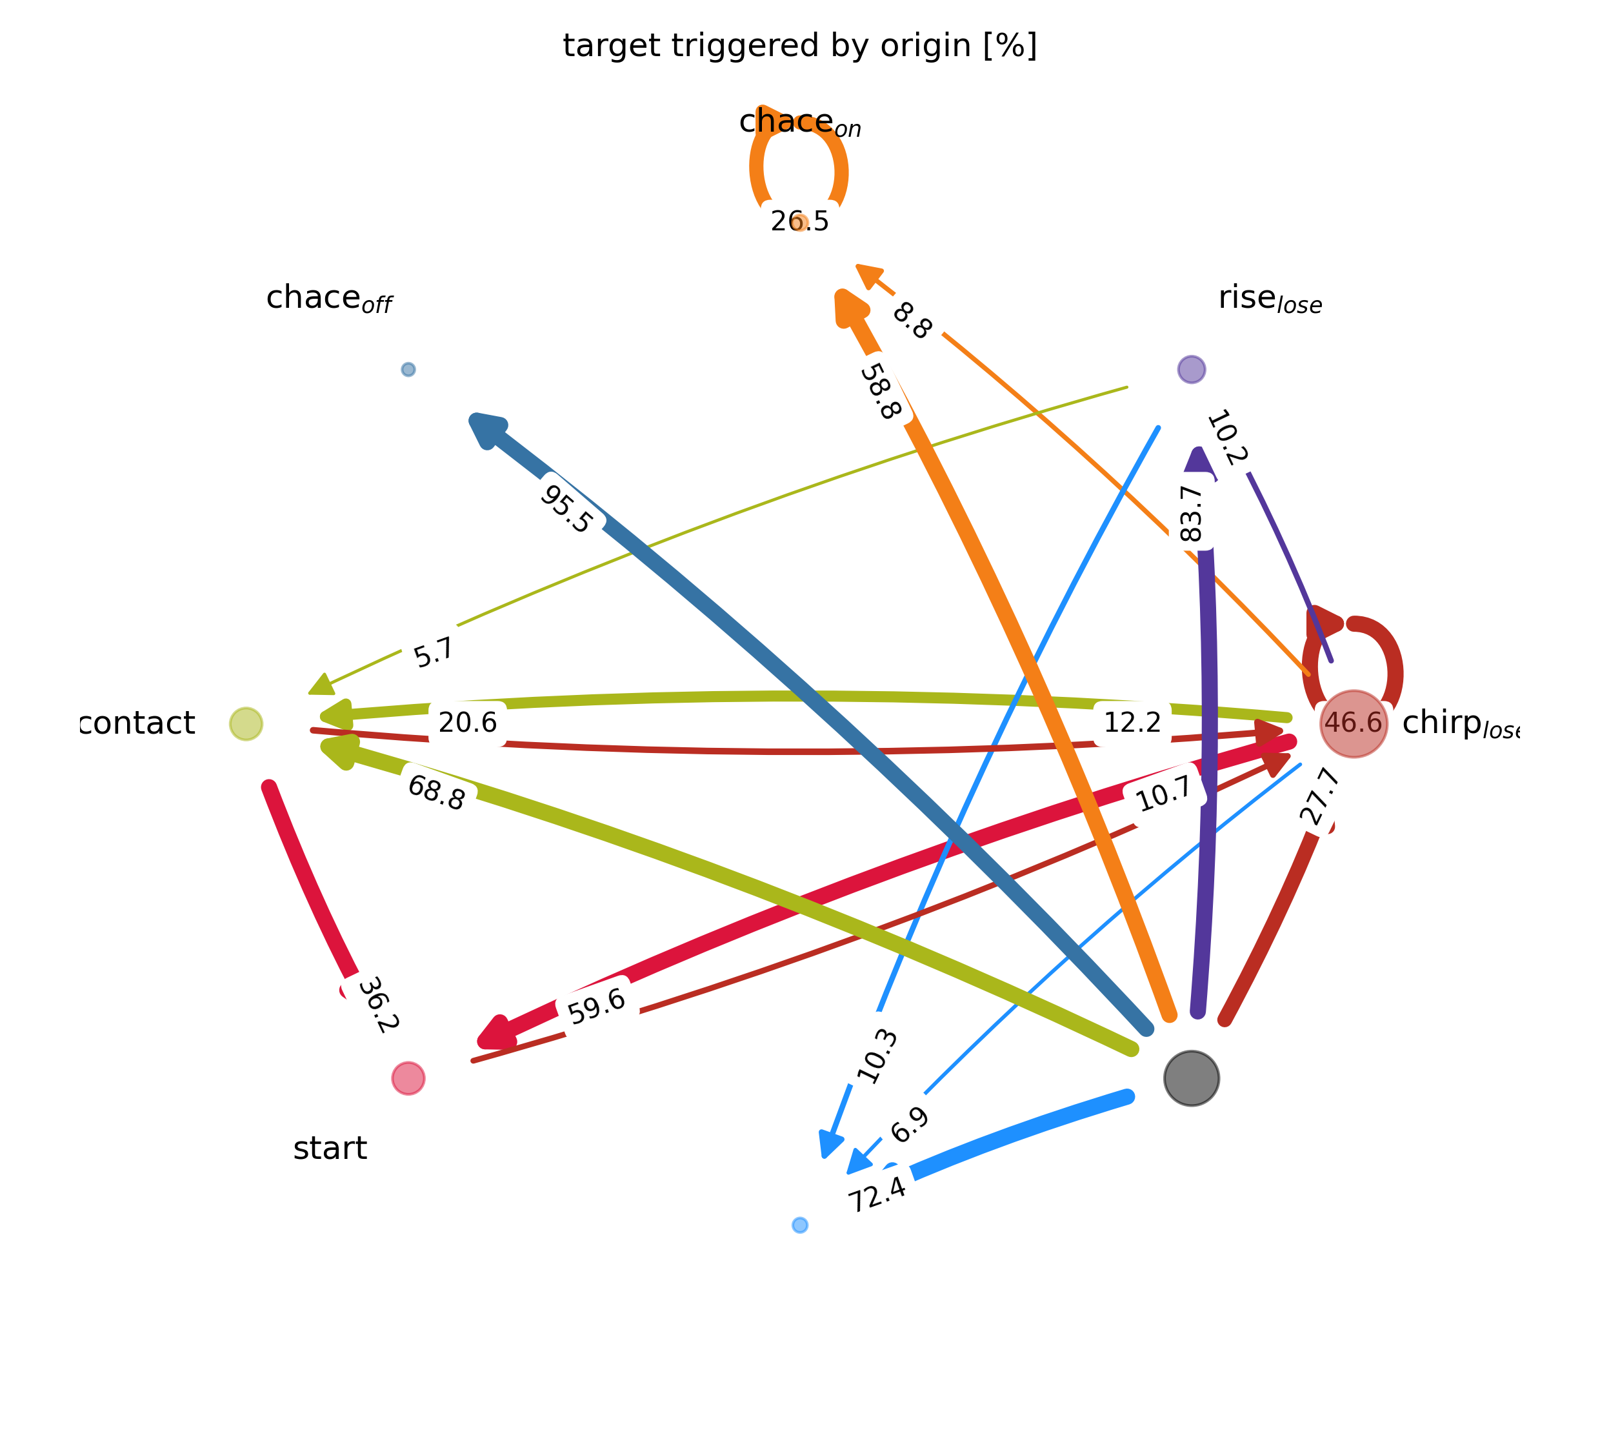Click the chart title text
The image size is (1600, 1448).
(x=799, y=46)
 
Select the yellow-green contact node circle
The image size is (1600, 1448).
(x=246, y=723)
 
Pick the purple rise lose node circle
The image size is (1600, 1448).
(x=1191, y=369)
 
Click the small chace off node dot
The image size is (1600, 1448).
(x=408, y=369)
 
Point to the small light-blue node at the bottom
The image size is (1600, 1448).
(x=800, y=1225)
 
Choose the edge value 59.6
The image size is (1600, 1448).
(x=597, y=1007)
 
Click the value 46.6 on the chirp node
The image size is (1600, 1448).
(x=1353, y=723)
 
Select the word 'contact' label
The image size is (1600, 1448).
(x=138, y=723)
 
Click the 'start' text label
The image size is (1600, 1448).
(x=330, y=1149)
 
